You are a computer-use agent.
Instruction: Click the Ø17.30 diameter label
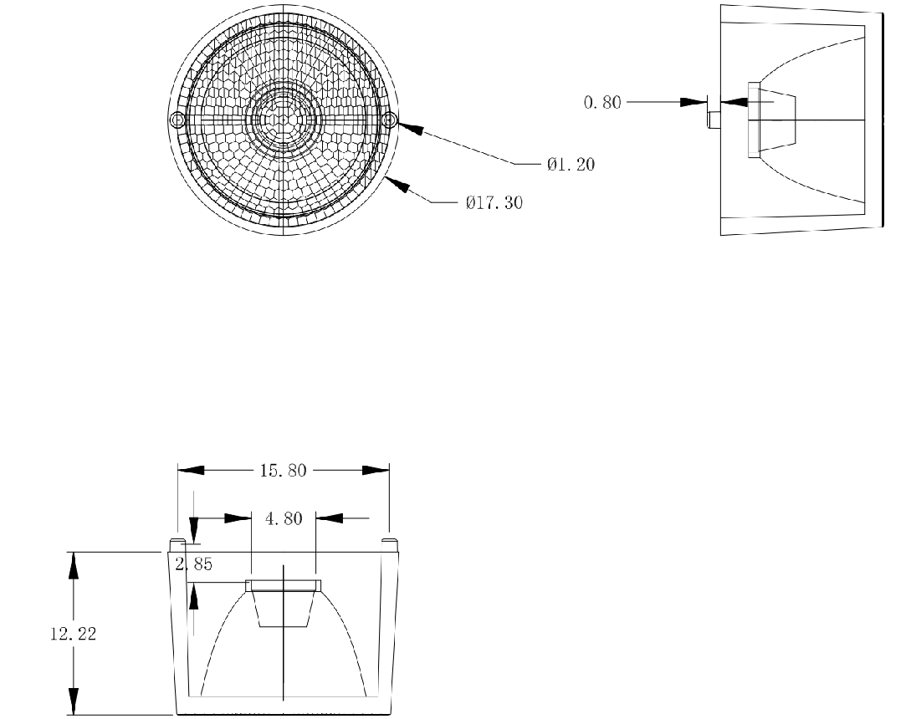click(494, 202)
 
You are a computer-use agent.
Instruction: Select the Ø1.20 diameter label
click(571, 165)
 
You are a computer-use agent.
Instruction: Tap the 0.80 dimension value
click(602, 103)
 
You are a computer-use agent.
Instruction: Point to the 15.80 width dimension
click(283, 471)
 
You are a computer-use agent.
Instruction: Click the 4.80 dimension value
click(284, 518)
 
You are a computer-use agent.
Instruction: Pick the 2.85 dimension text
click(194, 564)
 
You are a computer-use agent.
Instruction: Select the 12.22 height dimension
click(74, 634)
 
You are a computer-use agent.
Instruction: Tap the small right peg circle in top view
click(391, 120)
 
